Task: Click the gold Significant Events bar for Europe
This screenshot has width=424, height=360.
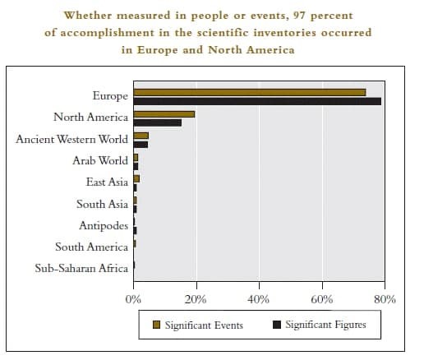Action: point(250,92)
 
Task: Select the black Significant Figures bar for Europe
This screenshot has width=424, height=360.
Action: point(257,101)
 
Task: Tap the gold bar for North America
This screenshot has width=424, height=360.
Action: point(164,114)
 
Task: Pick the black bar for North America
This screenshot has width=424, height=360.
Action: point(158,122)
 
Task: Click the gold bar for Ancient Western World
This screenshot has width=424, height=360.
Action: point(141,136)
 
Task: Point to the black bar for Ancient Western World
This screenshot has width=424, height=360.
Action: point(141,145)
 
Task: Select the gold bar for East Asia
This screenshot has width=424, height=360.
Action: point(136,179)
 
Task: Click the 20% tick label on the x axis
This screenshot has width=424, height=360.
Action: point(196,299)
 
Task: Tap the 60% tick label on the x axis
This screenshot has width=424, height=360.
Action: point(322,299)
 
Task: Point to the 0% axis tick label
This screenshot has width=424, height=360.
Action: point(133,299)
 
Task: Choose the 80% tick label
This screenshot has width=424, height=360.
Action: point(385,299)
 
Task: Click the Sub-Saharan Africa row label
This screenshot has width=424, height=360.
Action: point(81,268)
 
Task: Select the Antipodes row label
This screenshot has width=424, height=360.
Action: point(104,226)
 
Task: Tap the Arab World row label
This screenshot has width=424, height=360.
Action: point(100,160)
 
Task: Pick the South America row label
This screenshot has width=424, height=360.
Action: point(91,247)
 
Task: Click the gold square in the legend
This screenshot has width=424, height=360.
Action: point(156,325)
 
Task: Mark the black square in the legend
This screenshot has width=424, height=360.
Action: point(277,325)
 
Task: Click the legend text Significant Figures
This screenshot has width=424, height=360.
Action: point(325,325)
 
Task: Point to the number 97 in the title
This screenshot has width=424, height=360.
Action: point(299,16)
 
